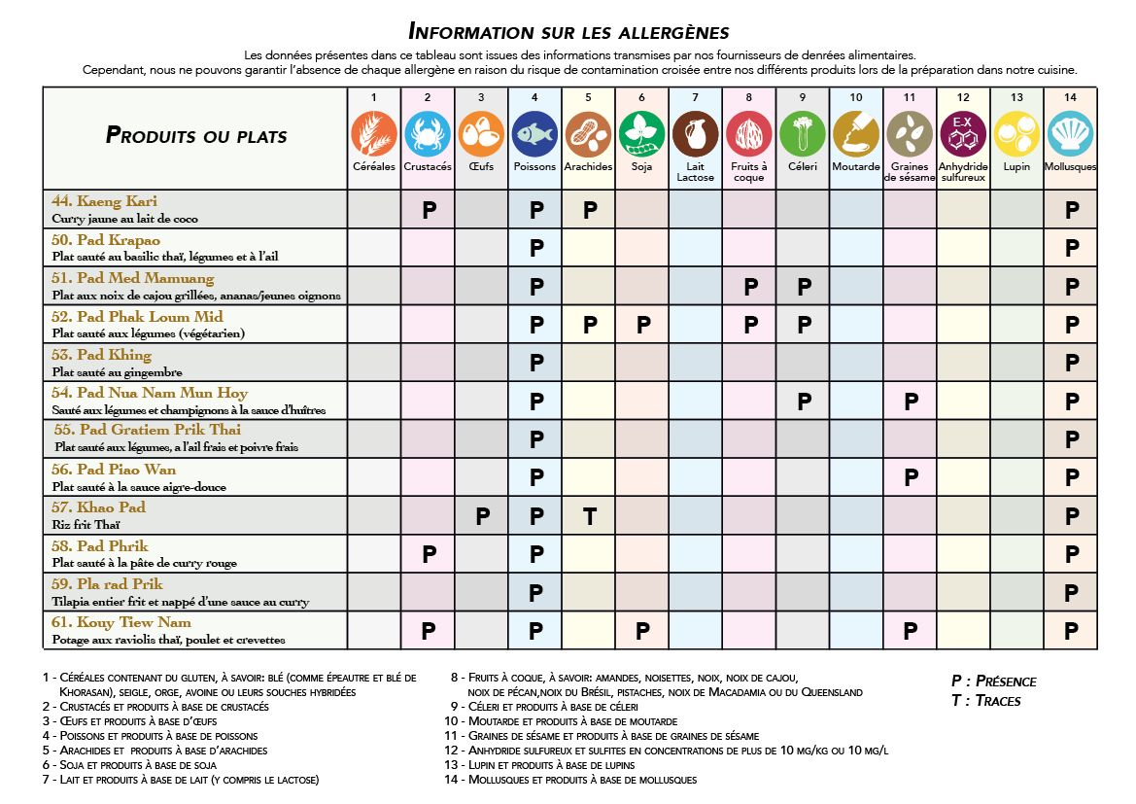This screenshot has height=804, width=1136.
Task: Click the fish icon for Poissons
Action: pyautogui.click(x=534, y=134)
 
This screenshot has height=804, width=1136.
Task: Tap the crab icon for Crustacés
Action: pyautogui.click(x=428, y=134)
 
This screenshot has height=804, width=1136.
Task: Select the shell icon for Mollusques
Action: pyautogui.click(x=1071, y=134)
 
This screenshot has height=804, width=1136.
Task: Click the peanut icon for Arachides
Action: pyautogui.click(x=588, y=134)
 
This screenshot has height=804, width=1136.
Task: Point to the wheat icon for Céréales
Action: pyautogui.click(x=374, y=134)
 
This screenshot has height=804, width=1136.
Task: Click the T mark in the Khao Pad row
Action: pyautogui.click(x=589, y=516)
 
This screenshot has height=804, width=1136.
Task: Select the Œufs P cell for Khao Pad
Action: pyautogui.click(x=482, y=516)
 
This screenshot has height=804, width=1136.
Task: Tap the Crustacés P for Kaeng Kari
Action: pyautogui.click(x=428, y=210)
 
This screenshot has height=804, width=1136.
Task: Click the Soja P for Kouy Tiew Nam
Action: pyautogui.click(x=642, y=631)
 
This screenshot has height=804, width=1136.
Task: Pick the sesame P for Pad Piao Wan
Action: pyautogui.click(x=911, y=477)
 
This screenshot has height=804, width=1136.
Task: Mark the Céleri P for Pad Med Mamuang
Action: pyautogui.click(x=804, y=287)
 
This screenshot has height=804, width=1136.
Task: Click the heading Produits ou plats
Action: pyautogui.click(x=196, y=135)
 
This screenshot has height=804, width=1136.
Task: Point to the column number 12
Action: pyautogui.click(x=963, y=97)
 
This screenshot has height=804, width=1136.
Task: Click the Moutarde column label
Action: pyautogui.click(x=856, y=166)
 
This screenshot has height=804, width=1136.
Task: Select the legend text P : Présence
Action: pyautogui.click(x=993, y=681)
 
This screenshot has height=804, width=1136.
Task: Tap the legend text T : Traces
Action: pyautogui.click(x=985, y=700)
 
